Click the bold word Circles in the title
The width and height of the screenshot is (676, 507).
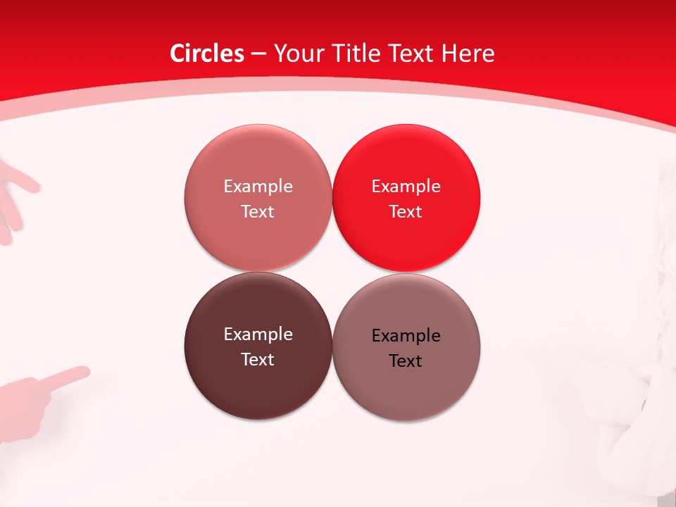(207, 54)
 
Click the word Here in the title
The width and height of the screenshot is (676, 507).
(468, 54)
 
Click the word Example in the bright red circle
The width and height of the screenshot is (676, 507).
(406, 187)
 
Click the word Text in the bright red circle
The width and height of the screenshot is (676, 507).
(406, 212)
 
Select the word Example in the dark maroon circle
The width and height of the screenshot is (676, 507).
(258, 334)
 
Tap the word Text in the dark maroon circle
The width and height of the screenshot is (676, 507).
(258, 360)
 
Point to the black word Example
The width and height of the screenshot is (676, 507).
(406, 336)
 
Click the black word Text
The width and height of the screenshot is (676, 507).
(406, 361)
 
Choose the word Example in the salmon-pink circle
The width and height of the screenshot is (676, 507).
(258, 187)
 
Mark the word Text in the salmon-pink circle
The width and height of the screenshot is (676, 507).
(258, 212)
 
